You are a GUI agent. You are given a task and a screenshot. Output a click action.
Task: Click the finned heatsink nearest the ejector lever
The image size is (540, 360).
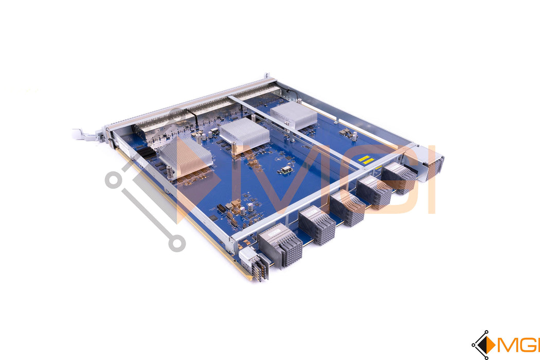coord(185,155)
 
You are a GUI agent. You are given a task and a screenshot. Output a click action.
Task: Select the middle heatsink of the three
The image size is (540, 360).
coord(245,133)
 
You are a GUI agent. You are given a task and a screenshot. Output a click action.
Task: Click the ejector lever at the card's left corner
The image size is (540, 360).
coord(84,134)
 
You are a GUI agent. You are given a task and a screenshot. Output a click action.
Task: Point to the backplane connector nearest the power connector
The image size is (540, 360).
coord(280,245)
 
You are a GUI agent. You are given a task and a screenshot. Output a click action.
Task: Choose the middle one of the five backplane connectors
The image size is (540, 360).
coord(348,208)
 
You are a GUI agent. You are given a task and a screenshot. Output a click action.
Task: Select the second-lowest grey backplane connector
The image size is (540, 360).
coord(317,225)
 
